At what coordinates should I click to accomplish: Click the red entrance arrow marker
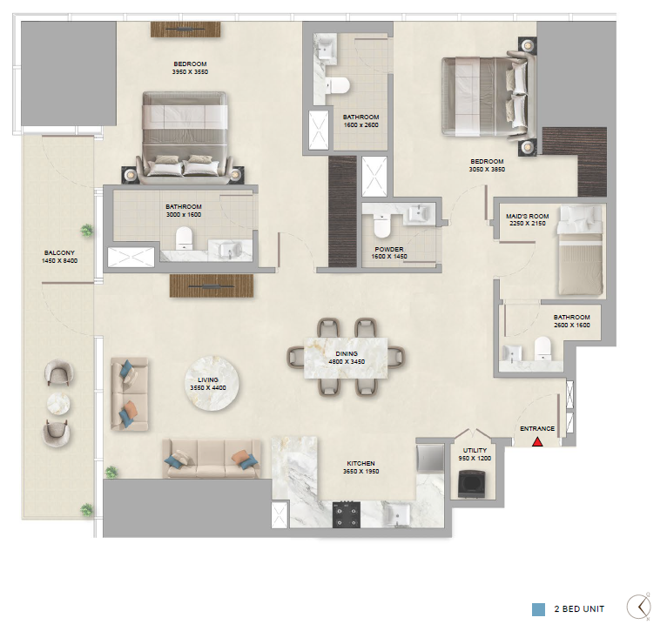[537, 442]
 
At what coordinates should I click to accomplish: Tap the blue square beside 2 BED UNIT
[538, 609]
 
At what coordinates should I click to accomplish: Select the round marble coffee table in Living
[212, 383]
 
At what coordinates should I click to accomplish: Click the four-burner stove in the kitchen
[347, 514]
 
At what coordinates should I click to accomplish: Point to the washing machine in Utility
[473, 484]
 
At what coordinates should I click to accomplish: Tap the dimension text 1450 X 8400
[59, 260]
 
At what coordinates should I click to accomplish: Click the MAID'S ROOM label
[527, 216]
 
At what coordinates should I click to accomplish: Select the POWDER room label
[389, 249]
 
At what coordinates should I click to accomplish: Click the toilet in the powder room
[381, 225]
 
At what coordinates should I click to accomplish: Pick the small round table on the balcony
[58, 403]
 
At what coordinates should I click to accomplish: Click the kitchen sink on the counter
[396, 514]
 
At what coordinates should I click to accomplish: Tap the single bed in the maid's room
[581, 250]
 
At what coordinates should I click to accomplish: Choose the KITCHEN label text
[360, 464]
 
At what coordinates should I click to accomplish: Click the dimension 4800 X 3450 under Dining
[347, 362]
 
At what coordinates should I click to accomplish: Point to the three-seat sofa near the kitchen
[212, 459]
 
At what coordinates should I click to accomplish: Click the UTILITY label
[475, 450]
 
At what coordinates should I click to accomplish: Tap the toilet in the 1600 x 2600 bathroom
[338, 85]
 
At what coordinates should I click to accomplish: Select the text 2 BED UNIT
[579, 609]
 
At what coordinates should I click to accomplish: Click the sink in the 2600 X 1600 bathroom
[512, 353]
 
